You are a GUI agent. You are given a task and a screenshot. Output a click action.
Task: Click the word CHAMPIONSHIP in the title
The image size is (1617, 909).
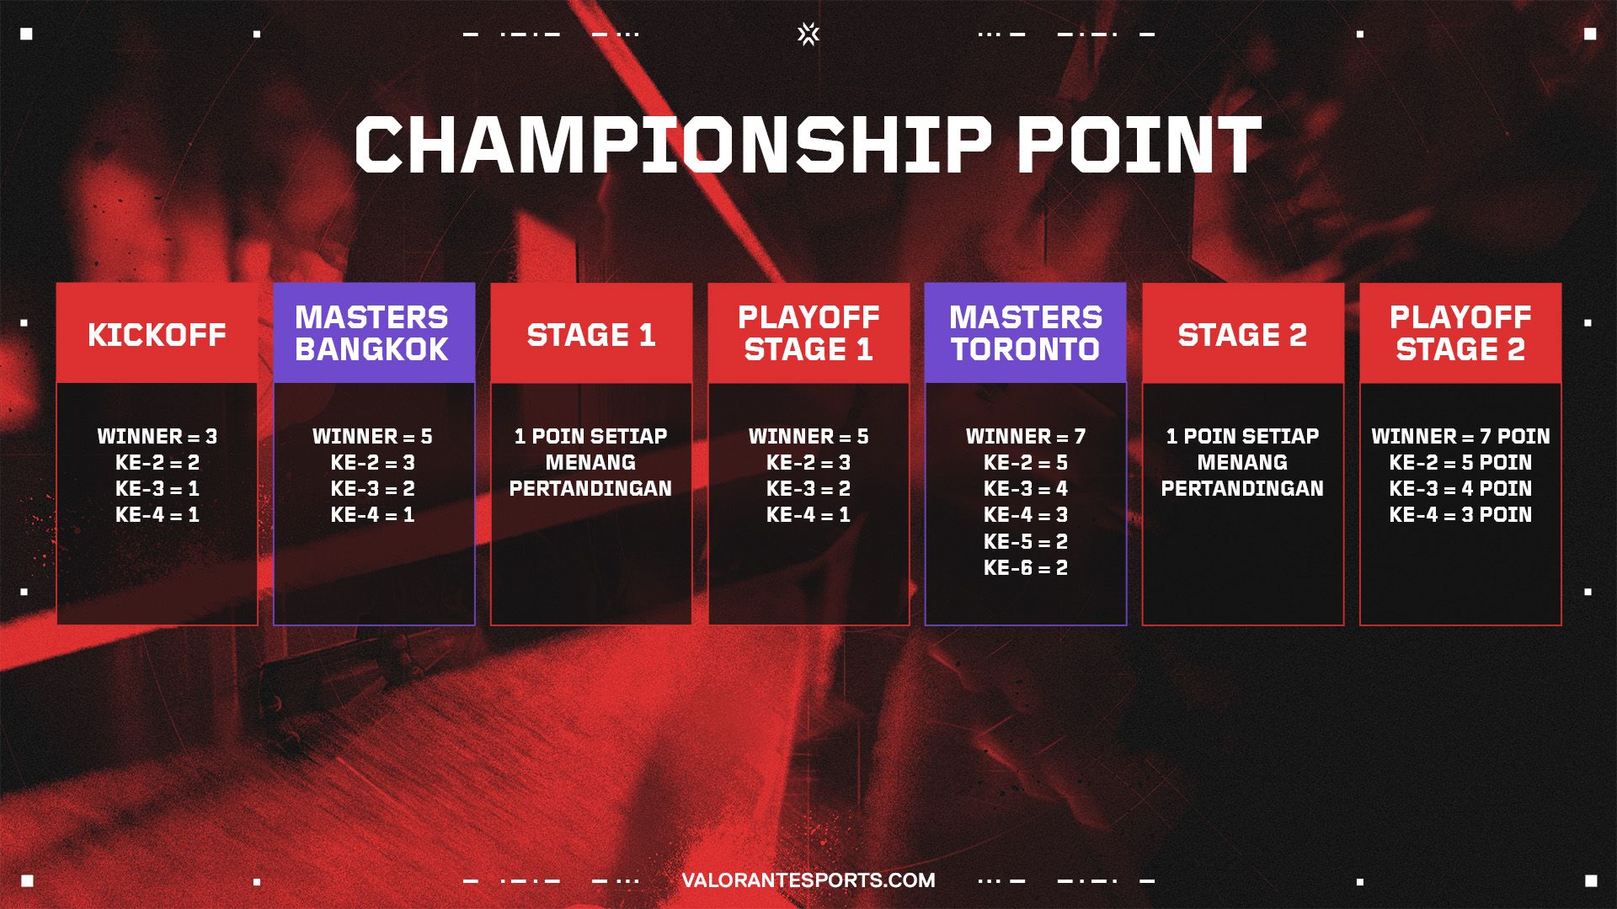point(672,145)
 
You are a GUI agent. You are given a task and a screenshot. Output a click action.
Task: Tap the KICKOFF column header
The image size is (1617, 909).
point(157,335)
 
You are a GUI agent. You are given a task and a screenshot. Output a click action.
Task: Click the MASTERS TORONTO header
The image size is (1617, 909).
point(1026,333)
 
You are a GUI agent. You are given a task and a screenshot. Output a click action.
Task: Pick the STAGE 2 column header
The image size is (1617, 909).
point(1242,335)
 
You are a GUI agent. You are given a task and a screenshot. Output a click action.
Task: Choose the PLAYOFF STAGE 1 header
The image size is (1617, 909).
point(808,333)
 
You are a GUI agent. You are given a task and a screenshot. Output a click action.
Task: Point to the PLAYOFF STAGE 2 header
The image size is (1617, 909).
point(1460,333)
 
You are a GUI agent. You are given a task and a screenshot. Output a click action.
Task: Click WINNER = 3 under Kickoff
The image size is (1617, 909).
point(157,436)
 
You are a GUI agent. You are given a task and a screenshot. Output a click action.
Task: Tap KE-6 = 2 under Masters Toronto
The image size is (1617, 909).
point(1026,567)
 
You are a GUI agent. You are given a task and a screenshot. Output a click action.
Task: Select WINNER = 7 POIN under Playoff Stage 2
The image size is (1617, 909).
point(1460,436)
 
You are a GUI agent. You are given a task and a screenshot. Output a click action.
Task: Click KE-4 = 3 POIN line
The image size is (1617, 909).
point(1460,514)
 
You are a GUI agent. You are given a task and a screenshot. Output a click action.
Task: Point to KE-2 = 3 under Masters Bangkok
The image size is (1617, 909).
point(372,462)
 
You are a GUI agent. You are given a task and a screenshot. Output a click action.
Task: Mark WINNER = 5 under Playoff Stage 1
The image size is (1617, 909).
point(808,436)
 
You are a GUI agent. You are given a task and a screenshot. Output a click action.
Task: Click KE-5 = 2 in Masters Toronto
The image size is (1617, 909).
point(1026,541)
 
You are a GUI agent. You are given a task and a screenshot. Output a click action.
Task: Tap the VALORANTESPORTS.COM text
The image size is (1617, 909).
point(808,880)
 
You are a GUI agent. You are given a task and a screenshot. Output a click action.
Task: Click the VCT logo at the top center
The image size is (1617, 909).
point(808,34)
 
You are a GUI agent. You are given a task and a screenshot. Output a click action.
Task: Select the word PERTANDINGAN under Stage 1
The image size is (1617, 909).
point(590,488)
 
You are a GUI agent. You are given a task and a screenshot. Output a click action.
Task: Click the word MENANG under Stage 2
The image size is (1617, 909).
point(1242,462)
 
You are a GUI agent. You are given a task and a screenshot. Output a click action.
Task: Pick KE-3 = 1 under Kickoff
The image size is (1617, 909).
point(157,488)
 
